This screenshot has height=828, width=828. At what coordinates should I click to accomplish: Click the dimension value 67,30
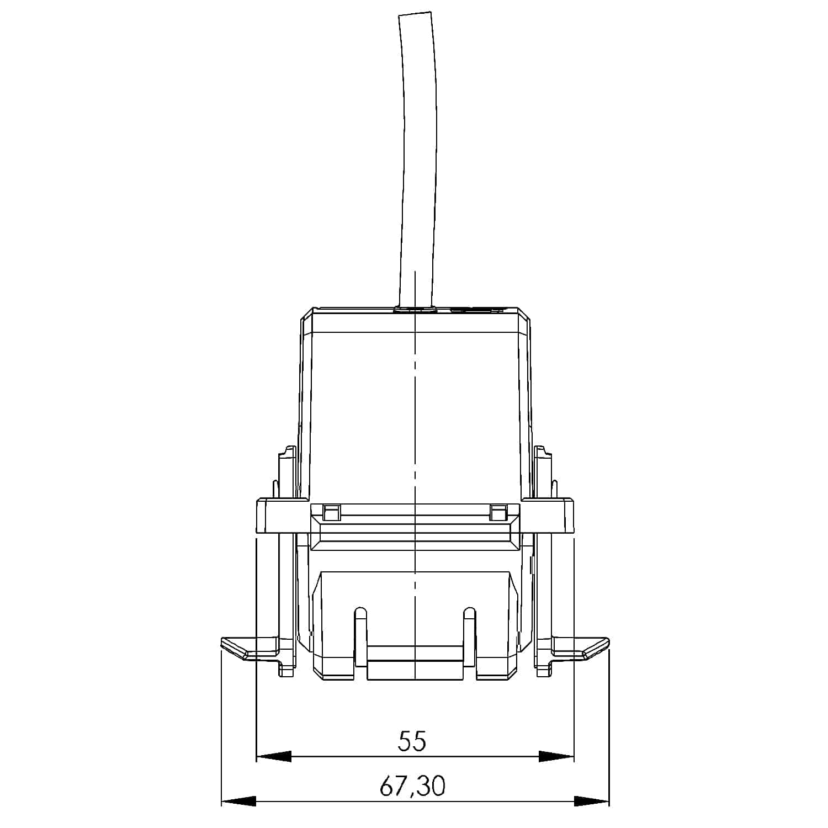[x=412, y=786]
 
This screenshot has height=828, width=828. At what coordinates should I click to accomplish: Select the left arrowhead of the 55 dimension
[x=274, y=757]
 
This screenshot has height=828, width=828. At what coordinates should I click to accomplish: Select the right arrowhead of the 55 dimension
[x=556, y=757]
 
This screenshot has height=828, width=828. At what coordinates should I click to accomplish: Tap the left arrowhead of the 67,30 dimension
[x=238, y=800]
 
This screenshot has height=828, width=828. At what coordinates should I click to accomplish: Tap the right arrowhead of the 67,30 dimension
[x=592, y=800]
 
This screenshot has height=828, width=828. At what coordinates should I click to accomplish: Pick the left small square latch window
[x=331, y=513]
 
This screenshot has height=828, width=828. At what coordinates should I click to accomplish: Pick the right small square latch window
[x=498, y=513]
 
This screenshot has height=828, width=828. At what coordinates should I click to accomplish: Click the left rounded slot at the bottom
[x=360, y=635]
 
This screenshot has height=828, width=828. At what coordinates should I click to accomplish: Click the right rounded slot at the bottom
[x=469, y=635]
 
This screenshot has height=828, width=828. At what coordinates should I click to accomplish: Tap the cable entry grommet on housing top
[x=414, y=310]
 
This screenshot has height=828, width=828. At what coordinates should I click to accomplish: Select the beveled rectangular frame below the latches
[x=415, y=533]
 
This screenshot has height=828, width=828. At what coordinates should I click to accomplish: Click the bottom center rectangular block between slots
[x=414, y=669]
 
